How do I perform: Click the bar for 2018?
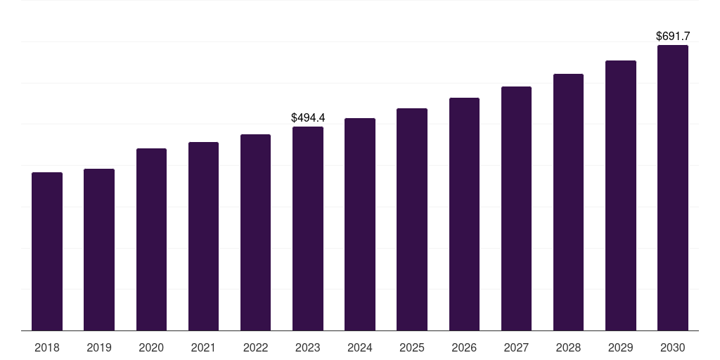[x=47, y=252]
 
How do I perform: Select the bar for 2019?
[x=99, y=250]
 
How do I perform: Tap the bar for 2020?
[x=151, y=240]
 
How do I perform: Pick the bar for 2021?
[x=203, y=236]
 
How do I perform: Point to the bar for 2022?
[x=255, y=233]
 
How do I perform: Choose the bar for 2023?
[x=308, y=229]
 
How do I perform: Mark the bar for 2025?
[x=412, y=219]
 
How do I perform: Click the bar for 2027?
[x=516, y=209]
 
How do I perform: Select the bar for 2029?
[x=621, y=195]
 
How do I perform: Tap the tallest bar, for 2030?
[x=673, y=188]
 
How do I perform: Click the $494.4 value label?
[x=308, y=117]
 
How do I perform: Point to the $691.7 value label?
[x=673, y=36]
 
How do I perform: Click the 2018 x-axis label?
[x=47, y=347]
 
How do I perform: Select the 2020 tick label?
[x=151, y=347]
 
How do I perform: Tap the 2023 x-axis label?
[x=308, y=347]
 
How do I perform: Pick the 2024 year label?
[x=360, y=347]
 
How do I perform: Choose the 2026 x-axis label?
[x=464, y=347]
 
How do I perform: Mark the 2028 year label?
[x=568, y=347]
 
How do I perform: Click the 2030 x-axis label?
[x=673, y=347]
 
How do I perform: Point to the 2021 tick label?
[x=203, y=347]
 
